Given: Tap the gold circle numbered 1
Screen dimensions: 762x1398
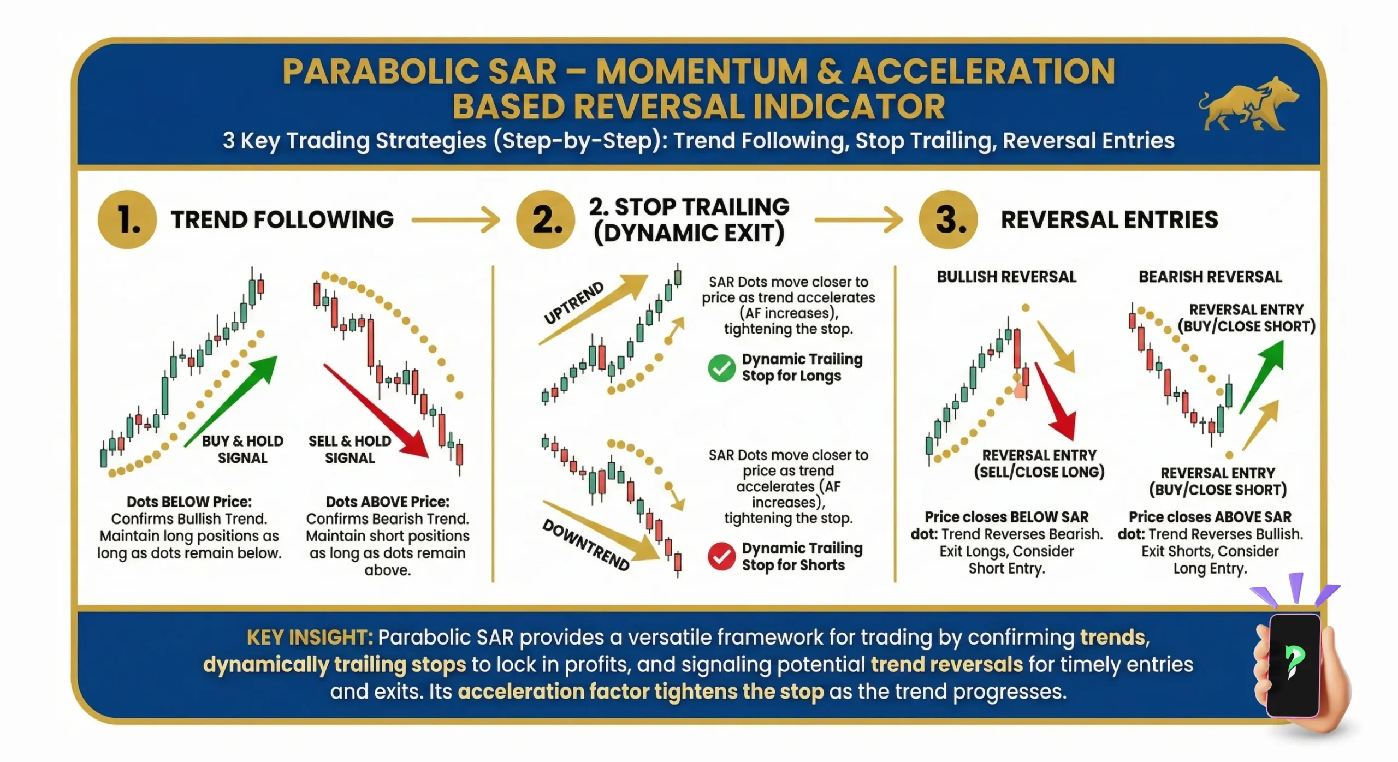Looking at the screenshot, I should (128, 220).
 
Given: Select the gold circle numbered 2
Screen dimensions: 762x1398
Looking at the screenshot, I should (546, 220).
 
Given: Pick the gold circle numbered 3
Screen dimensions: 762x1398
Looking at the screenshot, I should (949, 220).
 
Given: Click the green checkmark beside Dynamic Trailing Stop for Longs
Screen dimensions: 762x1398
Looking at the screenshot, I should (721, 368).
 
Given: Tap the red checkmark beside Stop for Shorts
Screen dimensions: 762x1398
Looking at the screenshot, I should (721, 556).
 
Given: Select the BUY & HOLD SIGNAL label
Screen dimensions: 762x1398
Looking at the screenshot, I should (242, 449).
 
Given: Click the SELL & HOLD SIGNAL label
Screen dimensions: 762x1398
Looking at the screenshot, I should (349, 449).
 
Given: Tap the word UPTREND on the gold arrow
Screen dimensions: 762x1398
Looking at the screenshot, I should (574, 303).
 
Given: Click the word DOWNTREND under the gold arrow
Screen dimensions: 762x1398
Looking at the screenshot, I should (586, 545).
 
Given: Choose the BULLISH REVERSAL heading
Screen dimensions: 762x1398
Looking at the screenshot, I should (1006, 277).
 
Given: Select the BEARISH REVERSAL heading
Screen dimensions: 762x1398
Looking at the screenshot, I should (1210, 277).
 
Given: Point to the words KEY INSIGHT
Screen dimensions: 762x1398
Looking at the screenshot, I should (310, 637).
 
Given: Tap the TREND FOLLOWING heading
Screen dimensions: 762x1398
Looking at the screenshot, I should (282, 220).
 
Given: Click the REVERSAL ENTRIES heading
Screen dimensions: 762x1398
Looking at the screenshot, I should (1109, 220).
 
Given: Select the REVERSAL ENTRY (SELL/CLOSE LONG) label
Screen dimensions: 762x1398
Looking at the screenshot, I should (1039, 463).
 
